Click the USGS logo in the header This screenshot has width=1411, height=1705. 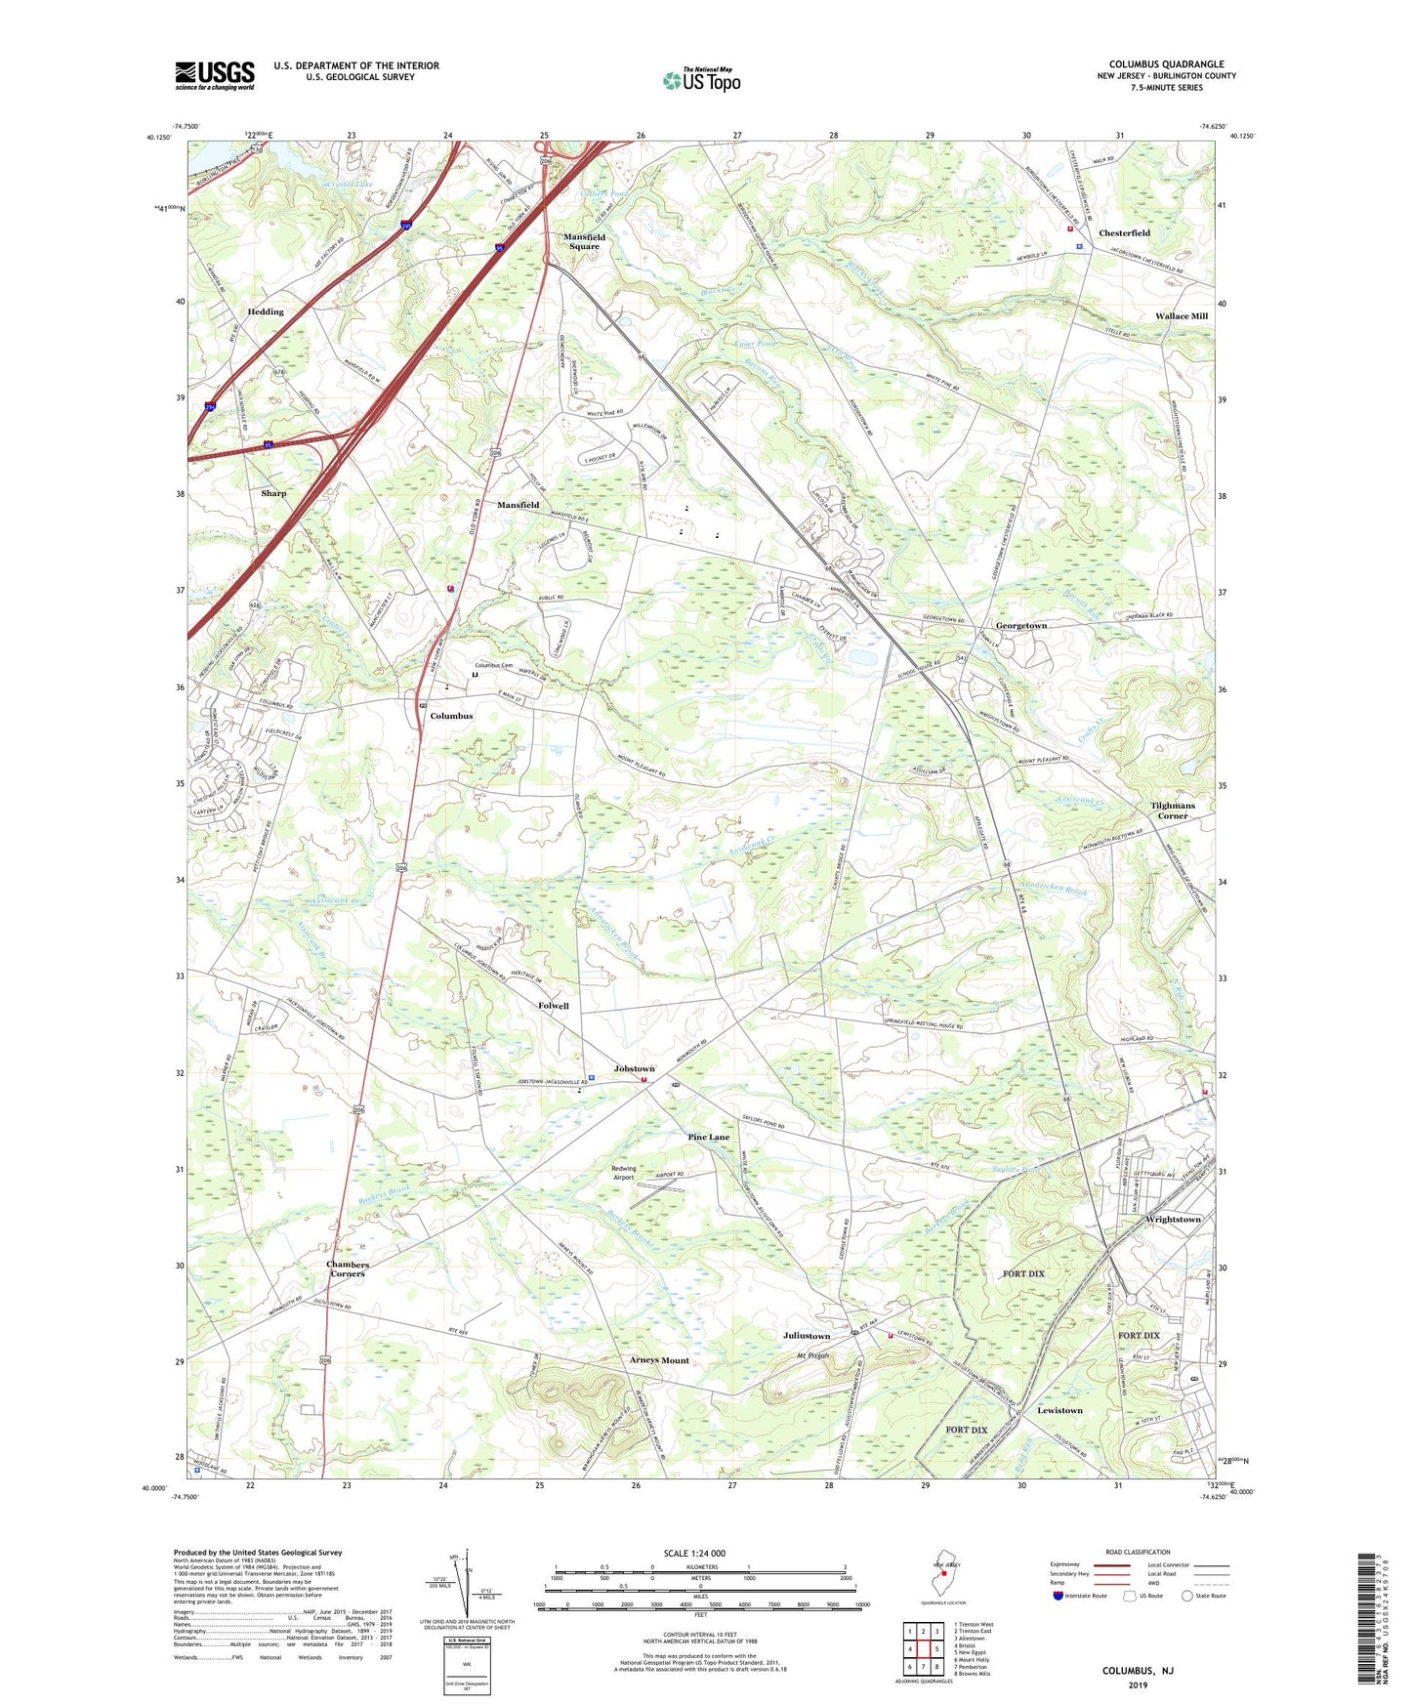215,75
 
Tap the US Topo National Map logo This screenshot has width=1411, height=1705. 701,80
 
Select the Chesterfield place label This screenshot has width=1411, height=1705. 1124,233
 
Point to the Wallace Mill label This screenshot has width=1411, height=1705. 1181,316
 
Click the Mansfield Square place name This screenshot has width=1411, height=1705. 584,242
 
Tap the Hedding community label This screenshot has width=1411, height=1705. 266,312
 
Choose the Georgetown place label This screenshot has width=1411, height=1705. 1020,626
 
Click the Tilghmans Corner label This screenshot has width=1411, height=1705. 1172,811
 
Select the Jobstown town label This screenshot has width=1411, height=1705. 634,1069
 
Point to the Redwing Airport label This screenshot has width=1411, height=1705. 623,1173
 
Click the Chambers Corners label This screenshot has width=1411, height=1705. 348,1268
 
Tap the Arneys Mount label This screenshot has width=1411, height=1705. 659,1360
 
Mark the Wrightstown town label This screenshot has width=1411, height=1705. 1173,1220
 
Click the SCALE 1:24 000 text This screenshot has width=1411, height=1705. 694,1554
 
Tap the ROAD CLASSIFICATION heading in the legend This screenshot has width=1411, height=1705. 1138,1552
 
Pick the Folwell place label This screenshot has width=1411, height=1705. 553,1006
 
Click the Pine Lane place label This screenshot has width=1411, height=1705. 708,1138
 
